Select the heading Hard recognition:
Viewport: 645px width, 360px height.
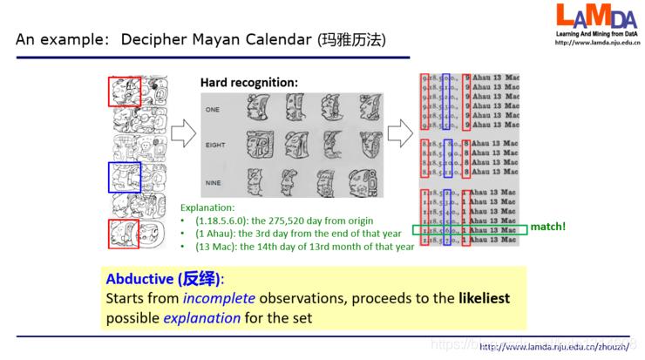[249, 83]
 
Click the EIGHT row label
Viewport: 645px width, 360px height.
[215, 147]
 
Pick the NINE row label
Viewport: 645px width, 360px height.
[214, 184]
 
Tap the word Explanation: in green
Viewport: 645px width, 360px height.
[209, 209]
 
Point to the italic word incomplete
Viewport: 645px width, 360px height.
[215, 298]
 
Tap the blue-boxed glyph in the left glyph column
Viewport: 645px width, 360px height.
[123, 176]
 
